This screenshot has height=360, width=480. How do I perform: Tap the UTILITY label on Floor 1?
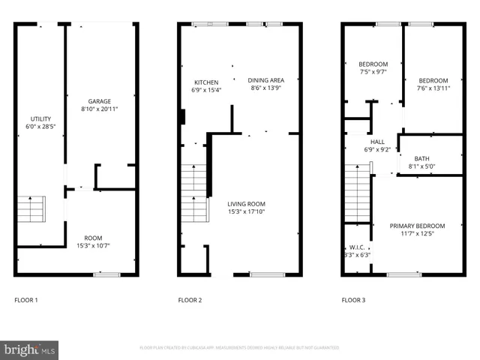point(40,119)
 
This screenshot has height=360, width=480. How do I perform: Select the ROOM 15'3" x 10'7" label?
point(92,238)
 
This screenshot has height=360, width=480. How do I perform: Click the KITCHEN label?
point(206,82)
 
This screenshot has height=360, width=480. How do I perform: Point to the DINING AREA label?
point(266,80)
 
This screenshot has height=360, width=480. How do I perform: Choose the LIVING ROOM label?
point(246,203)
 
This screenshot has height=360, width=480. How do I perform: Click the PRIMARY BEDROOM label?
point(417,226)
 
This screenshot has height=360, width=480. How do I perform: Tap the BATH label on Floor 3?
point(421,158)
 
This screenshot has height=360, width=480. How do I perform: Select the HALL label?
point(376,141)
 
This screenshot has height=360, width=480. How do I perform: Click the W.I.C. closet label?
point(357,247)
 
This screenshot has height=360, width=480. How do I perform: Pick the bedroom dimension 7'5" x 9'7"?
point(373,73)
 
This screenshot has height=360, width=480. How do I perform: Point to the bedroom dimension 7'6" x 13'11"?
point(433,88)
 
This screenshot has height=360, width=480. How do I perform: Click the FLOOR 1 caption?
point(26,300)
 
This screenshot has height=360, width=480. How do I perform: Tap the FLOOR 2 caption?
point(190,300)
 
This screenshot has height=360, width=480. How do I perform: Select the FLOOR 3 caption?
point(353,300)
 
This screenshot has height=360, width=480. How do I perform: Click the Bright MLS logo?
point(30,349)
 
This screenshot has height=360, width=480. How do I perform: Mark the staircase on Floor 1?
point(31,209)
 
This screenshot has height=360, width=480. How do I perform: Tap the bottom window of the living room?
point(267,274)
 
